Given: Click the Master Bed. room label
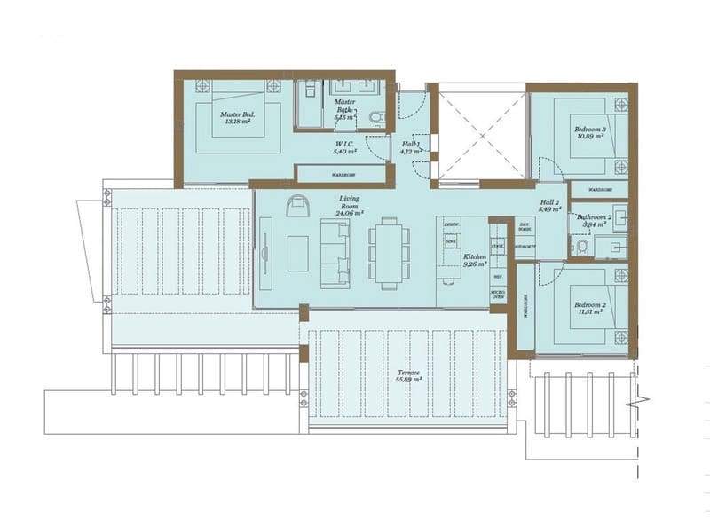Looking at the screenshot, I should pos(238,118).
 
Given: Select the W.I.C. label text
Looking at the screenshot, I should pos(344,147).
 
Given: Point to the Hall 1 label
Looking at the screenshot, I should pos(409,147).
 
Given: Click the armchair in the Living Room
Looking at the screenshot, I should pos(297,207).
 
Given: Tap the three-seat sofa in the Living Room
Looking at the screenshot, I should pos(335,253).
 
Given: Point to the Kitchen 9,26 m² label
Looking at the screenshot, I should pos(475,260).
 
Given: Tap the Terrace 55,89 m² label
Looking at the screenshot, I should pos(408,375).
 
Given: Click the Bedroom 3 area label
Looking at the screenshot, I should pos(590,133).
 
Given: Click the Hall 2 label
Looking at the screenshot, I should pos(551,206).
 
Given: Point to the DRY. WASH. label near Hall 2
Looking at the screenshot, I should pos(524,227).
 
